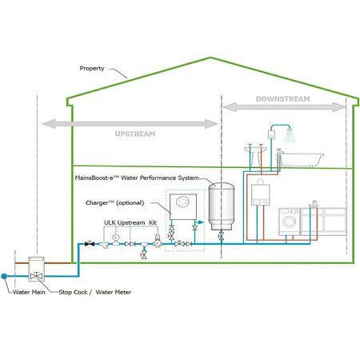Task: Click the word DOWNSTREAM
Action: [x=282, y=99]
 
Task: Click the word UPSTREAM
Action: [x=135, y=134]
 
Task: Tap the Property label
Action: [x=92, y=68]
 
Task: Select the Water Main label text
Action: [x=29, y=292]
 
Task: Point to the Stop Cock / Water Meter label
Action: [x=95, y=292]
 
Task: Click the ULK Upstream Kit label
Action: [x=130, y=222]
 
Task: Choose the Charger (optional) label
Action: [x=114, y=202]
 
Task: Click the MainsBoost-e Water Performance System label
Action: [x=137, y=178]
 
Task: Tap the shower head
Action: [x=289, y=135]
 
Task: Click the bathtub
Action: [x=301, y=159]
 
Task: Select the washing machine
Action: [x=289, y=222]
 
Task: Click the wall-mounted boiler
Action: [x=261, y=194]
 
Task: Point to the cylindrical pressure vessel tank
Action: [x=222, y=206]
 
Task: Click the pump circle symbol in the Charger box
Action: [x=183, y=202]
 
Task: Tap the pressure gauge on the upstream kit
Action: [x=115, y=237]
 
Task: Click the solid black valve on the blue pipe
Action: [x=90, y=243]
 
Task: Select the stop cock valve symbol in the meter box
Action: [x=36, y=276]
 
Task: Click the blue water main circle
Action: [x=4, y=276]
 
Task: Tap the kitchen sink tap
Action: [x=314, y=204]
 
